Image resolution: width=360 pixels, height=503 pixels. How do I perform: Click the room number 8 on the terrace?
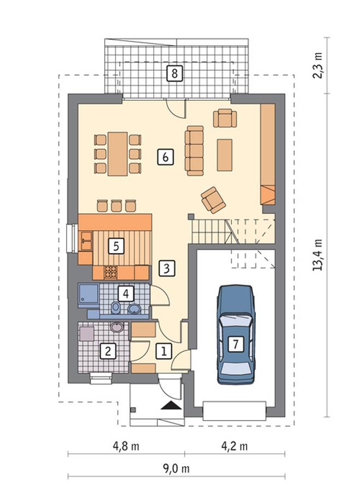[175, 74]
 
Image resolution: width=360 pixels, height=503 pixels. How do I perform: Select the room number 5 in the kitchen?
[116, 247]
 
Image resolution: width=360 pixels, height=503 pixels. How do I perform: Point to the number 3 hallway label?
[167, 268]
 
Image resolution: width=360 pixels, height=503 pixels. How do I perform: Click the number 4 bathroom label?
[126, 293]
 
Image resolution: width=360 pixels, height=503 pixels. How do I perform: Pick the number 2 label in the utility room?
[108, 351]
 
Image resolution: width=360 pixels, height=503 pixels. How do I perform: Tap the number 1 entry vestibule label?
[164, 351]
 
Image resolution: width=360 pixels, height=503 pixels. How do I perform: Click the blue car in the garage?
[236, 334]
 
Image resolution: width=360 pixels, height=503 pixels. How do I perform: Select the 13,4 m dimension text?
[317, 255]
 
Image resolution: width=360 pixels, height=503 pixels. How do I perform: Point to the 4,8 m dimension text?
[126, 446]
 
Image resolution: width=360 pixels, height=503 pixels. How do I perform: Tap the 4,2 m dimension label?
[235, 446]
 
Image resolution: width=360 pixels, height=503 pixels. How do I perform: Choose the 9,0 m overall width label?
[176, 469]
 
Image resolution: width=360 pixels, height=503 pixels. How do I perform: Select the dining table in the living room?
[117, 154]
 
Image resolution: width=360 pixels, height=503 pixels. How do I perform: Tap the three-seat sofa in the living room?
[194, 151]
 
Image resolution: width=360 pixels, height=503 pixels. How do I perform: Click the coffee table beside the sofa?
[225, 155]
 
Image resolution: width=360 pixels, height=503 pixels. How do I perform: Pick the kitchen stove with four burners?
[111, 273]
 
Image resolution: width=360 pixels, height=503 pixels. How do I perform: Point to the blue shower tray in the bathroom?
[88, 294]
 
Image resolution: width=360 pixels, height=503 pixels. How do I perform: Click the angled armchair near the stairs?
[213, 200]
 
